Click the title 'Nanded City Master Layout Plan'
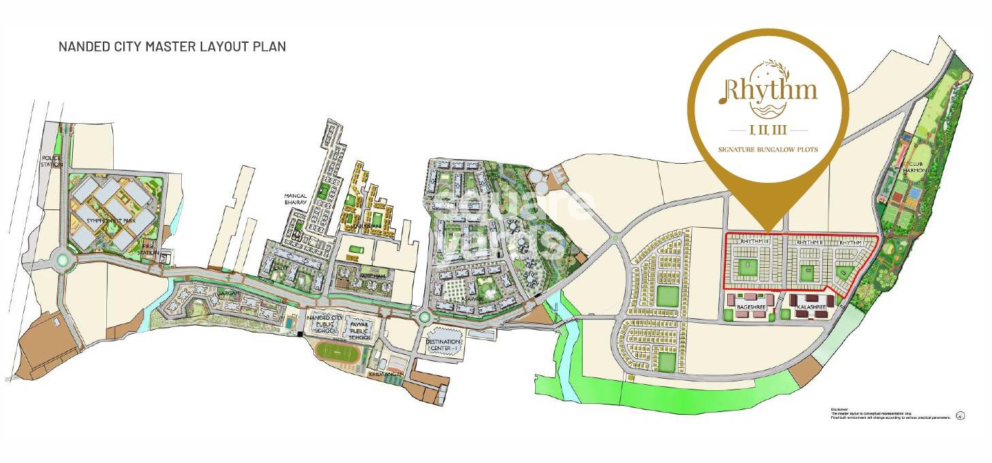[172, 47]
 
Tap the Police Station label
[52, 161]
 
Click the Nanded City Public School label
[323, 325]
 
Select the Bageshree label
[751, 307]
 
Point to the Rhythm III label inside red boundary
[754, 241]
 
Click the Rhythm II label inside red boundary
[810, 241]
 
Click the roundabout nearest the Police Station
[63, 259]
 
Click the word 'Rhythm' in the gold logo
[769, 91]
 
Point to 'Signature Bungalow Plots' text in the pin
[768, 149]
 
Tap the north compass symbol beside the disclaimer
[960, 415]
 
